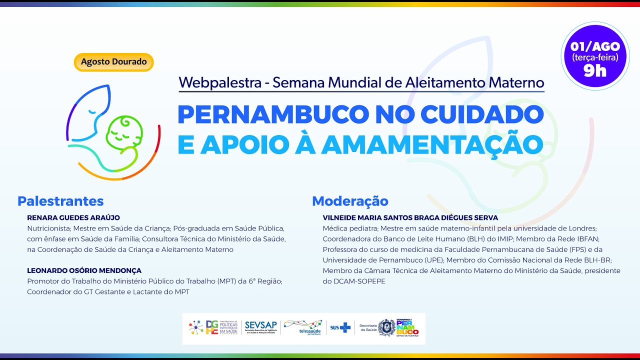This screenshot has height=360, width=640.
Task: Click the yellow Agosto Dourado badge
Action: coord(113,62)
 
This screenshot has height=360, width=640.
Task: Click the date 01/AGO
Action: coord(595,46)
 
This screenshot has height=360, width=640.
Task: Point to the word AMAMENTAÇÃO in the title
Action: coord(432,144)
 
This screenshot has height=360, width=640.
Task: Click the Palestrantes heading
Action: coord(60,201)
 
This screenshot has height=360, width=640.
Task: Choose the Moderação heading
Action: coord(350,201)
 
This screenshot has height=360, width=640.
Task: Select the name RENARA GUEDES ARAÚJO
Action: coord(73,217)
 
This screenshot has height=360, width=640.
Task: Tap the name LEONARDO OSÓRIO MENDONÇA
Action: coord(84,270)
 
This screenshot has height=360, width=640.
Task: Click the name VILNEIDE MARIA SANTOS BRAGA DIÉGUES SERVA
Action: coord(410,218)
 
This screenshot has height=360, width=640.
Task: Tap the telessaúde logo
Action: coord(303,327)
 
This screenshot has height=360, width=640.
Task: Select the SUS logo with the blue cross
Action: coord(340,328)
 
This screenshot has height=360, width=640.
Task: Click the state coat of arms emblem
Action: coord(386,328)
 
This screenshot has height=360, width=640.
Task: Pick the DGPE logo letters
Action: coord(212,327)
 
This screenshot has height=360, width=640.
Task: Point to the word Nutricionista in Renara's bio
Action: coord(48,228)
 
